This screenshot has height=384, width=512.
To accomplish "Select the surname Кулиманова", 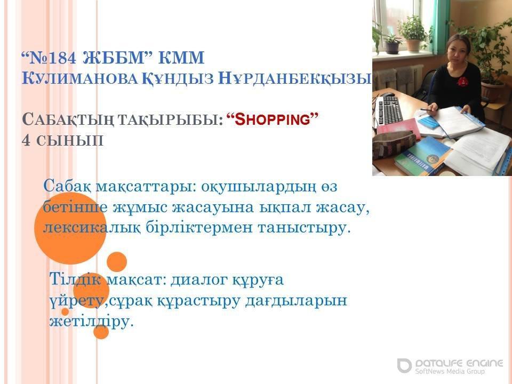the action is click(x=79, y=78).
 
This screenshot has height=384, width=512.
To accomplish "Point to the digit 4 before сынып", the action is click(x=26, y=140).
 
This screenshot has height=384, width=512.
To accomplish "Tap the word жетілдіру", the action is click(x=92, y=321).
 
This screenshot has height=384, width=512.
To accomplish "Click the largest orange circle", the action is click(x=70, y=228).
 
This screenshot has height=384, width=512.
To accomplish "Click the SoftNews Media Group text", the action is click(x=450, y=371).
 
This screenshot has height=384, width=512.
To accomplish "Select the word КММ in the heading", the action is click(x=181, y=58).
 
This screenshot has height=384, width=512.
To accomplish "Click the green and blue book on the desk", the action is click(x=421, y=156).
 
